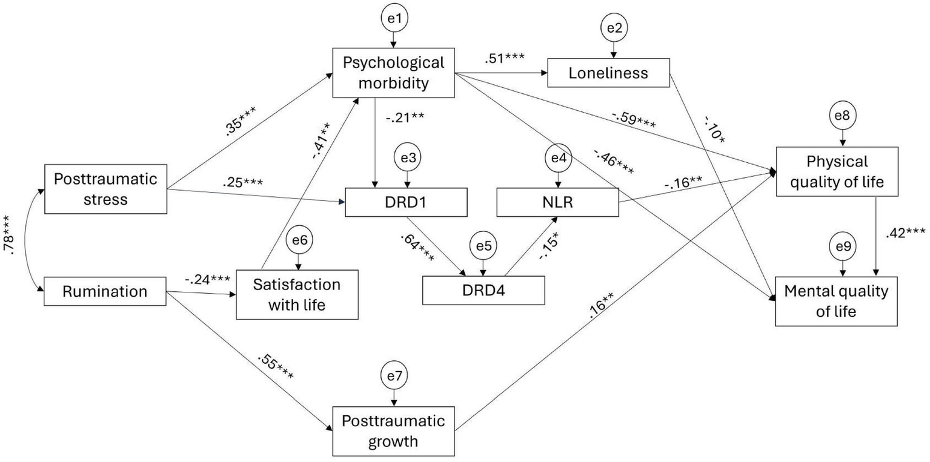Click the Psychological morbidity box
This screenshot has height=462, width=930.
(393, 73)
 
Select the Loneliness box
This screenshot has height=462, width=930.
(608, 73)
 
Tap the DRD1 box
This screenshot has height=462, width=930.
(406, 203)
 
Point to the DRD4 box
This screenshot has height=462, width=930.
(483, 291)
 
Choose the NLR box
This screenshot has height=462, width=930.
(557, 203)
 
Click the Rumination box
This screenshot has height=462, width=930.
(105, 291)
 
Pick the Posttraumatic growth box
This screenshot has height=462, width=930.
(393, 431)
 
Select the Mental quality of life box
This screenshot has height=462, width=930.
(836, 302)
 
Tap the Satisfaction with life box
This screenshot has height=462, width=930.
(297, 294)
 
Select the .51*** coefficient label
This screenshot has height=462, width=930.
(504, 59)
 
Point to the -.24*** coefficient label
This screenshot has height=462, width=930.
(208, 280)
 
